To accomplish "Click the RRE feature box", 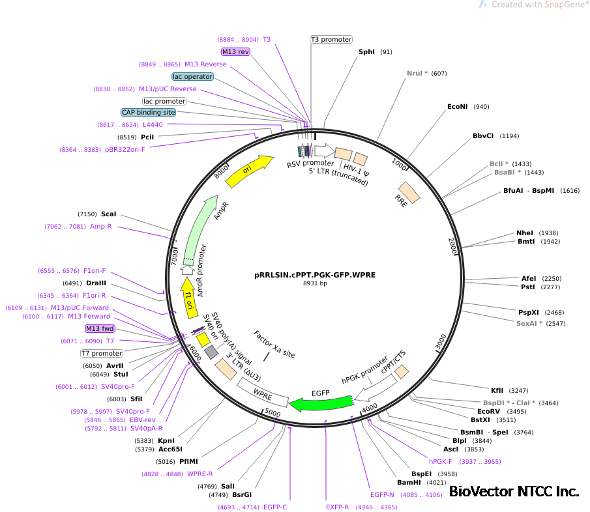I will [x=409, y=192].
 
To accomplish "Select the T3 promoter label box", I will [x=331, y=40].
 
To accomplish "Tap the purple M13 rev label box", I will [x=235, y=51].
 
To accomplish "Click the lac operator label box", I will [x=192, y=76].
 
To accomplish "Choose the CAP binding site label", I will [x=149, y=112].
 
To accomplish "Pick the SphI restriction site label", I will [x=366, y=51].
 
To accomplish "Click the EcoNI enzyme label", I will [x=458, y=106].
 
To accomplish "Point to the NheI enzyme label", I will [x=525, y=233].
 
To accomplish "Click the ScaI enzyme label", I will [x=109, y=214].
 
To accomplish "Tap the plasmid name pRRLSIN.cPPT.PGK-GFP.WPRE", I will [x=315, y=275].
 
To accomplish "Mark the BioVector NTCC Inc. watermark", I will [x=514, y=491].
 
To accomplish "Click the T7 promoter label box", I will [x=102, y=353].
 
